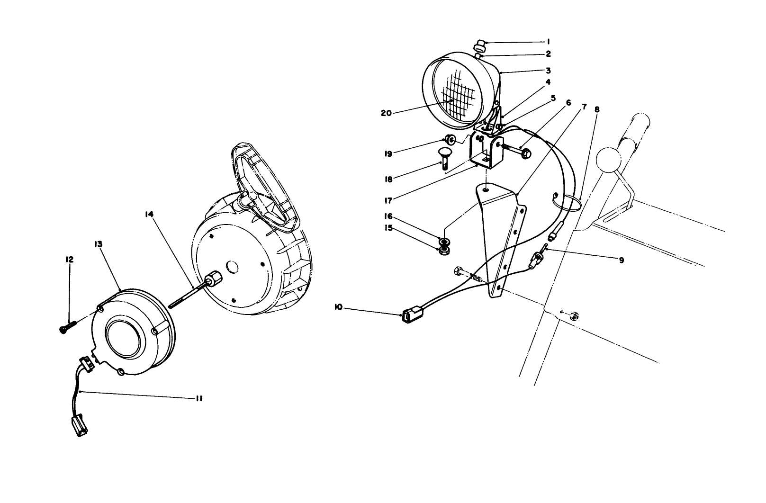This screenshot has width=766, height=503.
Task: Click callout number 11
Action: pos(199,398)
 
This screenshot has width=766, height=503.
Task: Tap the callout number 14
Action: pos(149,214)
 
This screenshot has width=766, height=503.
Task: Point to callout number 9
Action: pos(621,260)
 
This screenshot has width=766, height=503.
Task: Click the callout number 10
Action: pos(338,307)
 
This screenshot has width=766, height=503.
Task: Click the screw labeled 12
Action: pos(67,326)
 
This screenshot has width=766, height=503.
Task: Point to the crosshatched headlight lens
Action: pos(457,95)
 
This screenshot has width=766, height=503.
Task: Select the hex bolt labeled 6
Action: pos(518,152)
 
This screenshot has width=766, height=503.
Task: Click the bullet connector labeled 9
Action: pos(537,260)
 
